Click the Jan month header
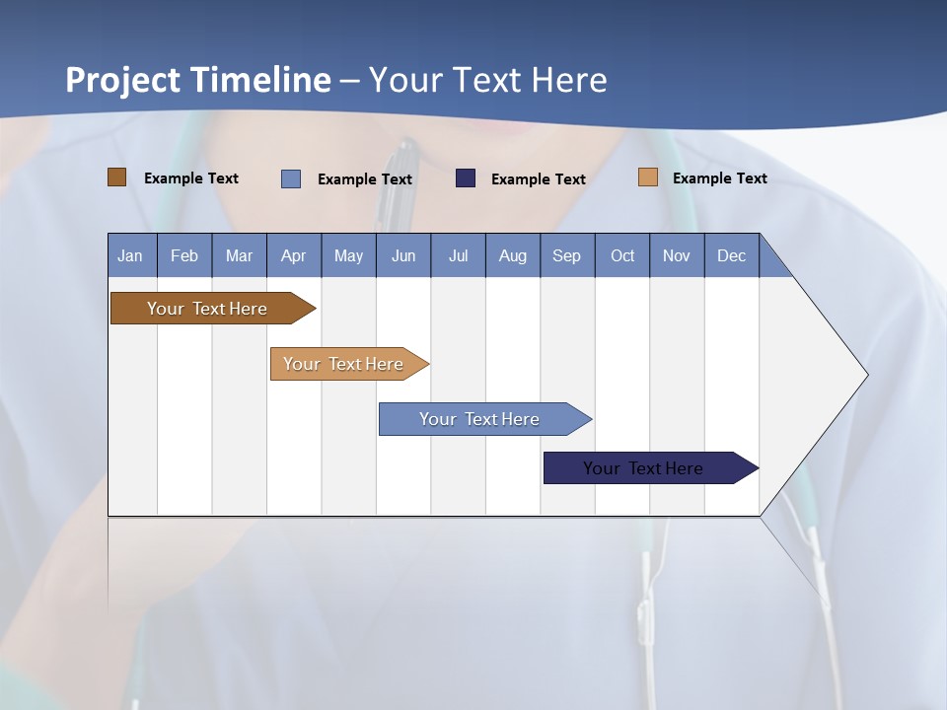coord(130,255)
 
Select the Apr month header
coord(293,255)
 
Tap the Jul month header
coord(458,255)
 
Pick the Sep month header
coord(566,255)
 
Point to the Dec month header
coord(731,255)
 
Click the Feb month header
coord(184,255)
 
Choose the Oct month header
coord(622,255)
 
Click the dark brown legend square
coord(117,177)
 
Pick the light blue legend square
coord(291,178)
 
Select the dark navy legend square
coord(466,178)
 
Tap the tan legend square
coord(648,177)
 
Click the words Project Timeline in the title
coord(198,80)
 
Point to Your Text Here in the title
coord(488,80)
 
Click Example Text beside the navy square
coord(539,179)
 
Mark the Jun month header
coord(403,255)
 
